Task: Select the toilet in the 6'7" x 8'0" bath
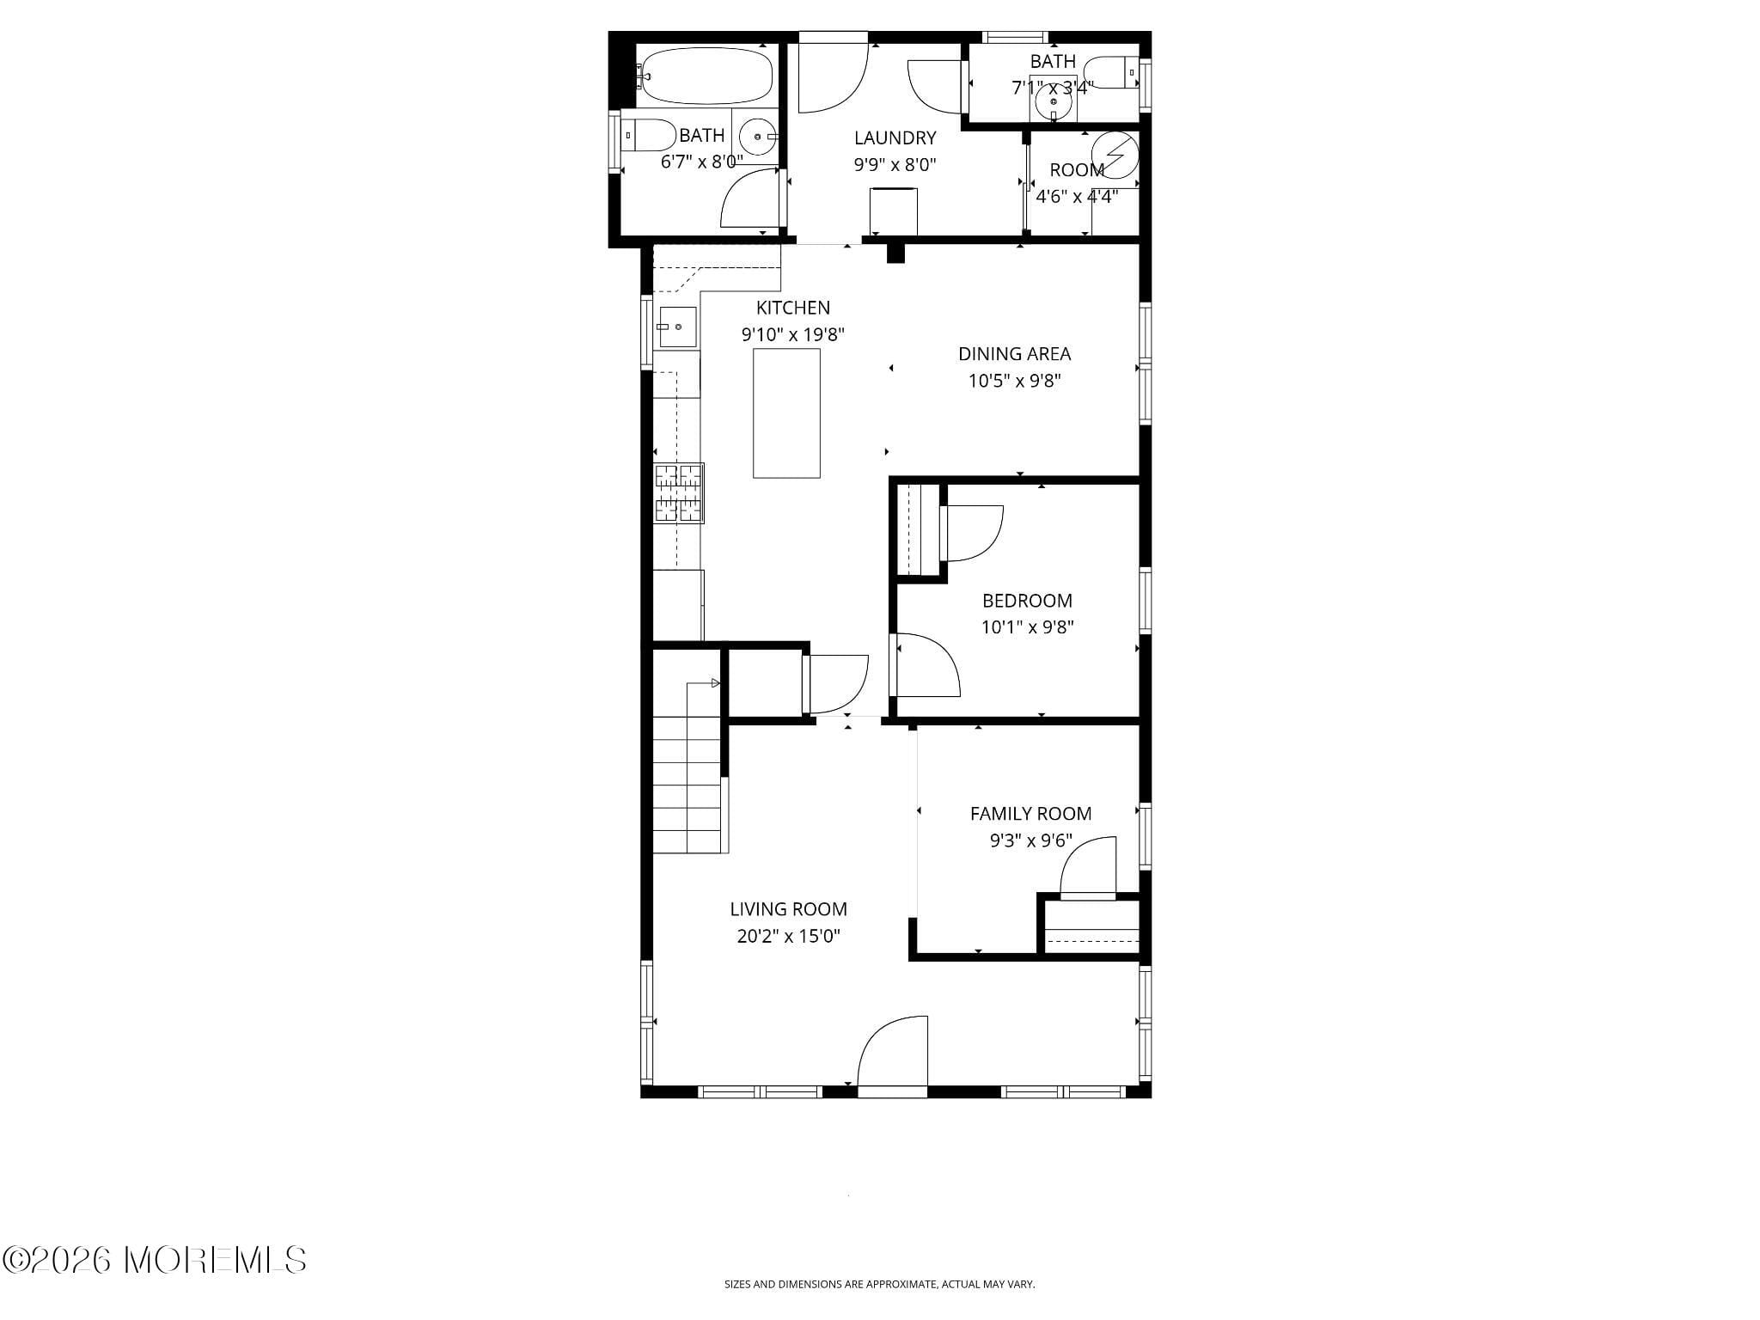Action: pyautogui.click(x=647, y=135)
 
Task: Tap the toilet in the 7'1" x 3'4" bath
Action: pyautogui.click(x=1112, y=72)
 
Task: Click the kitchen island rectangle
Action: pyautogui.click(x=786, y=413)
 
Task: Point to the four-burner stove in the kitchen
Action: pyautogui.click(x=679, y=493)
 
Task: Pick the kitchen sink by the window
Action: pyautogui.click(x=677, y=327)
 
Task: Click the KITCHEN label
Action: pyautogui.click(x=792, y=308)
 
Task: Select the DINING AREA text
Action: pyautogui.click(x=1014, y=353)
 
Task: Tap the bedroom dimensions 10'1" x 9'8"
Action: pyautogui.click(x=1027, y=627)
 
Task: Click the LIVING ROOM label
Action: pyautogui.click(x=788, y=909)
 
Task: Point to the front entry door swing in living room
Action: pyautogui.click(x=894, y=1052)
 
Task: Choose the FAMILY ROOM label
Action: pyautogui.click(x=1030, y=814)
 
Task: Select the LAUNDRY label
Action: pyautogui.click(x=895, y=137)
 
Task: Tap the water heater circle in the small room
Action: pyautogui.click(x=1115, y=154)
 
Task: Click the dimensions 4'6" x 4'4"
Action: pyautogui.click(x=1076, y=197)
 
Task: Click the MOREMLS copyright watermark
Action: pyautogui.click(x=155, y=1260)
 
